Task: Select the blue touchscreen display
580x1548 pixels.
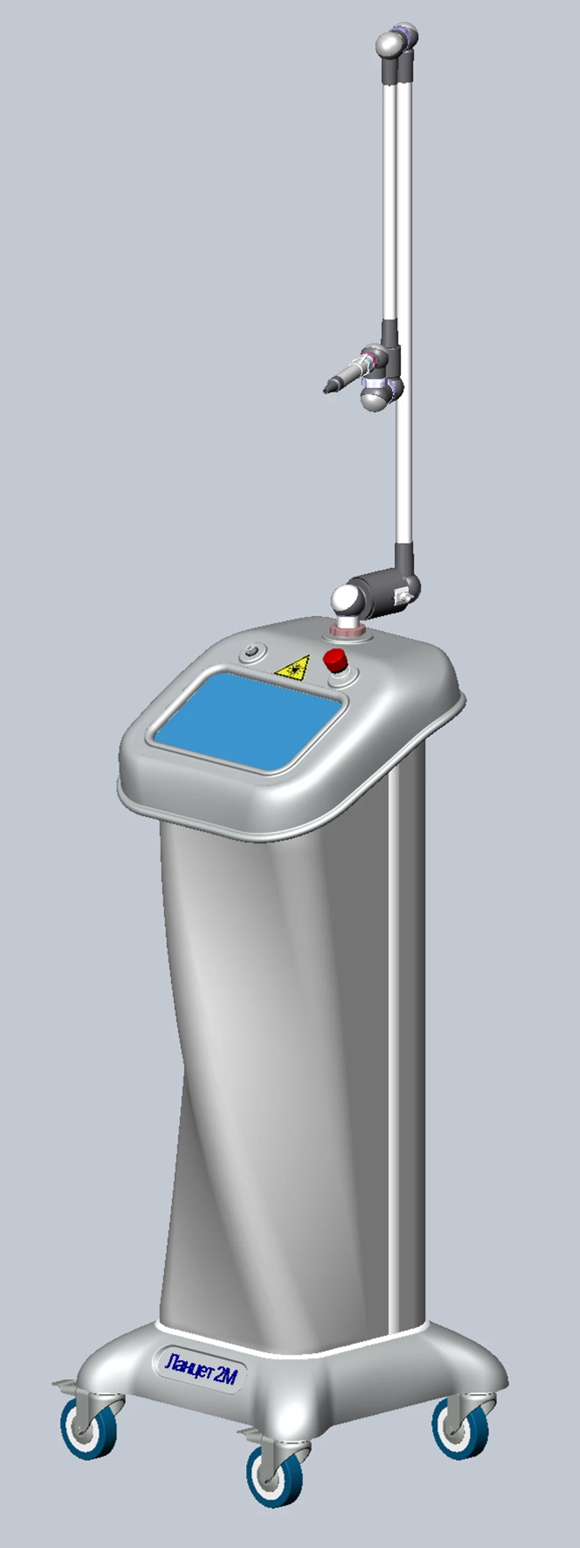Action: pyautogui.click(x=251, y=722)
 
